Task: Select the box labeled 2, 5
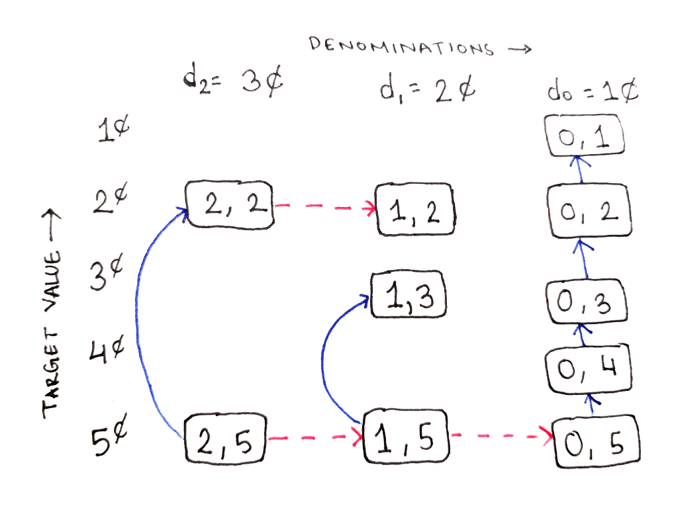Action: click(x=226, y=438)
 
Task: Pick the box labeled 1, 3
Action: click(x=409, y=296)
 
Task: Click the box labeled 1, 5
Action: click(x=406, y=437)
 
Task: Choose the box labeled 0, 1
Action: click(x=585, y=136)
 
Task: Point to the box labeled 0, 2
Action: click(x=587, y=210)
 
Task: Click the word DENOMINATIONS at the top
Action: click(x=401, y=47)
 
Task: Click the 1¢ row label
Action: click(x=113, y=131)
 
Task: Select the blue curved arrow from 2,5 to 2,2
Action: click(x=138, y=311)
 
